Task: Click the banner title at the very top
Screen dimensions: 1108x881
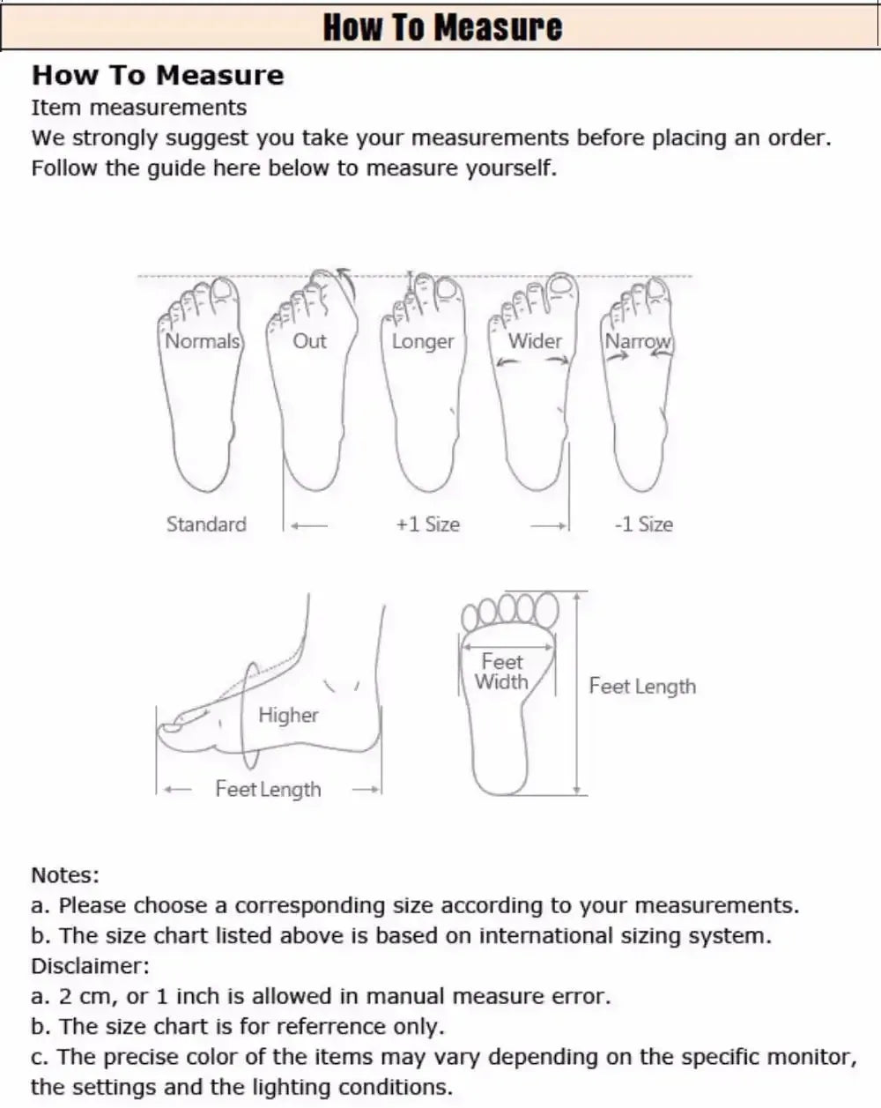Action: tap(441, 26)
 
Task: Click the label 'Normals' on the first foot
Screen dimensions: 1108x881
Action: tap(202, 341)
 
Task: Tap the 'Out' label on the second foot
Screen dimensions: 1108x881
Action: tap(309, 341)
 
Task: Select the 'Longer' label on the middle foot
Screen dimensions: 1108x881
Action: tap(423, 341)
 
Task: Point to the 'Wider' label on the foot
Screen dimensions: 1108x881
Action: tap(534, 341)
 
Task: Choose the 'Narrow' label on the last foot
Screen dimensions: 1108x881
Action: tap(638, 341)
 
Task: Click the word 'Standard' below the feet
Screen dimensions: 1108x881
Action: tap(206, 524)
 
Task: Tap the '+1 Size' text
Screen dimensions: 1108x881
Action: tap(427, 524)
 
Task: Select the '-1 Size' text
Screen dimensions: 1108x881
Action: tap(643, 524)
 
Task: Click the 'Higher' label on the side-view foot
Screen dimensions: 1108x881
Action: tap(288, 715)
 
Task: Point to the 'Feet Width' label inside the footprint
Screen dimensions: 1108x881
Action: tap(502, 672)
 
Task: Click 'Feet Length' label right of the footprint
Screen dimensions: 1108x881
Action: tap(642, 687)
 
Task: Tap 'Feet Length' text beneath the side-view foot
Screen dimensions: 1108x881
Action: tap(268, 789)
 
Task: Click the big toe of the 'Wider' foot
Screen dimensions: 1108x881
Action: tap(560, 285)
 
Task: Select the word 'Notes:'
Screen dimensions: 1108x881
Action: tap(65, 875)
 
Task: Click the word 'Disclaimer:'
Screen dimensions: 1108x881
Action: tap(90, 966)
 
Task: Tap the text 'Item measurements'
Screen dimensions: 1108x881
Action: tap(139, 108)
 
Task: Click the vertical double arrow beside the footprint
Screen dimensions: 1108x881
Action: tap(576, 692)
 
